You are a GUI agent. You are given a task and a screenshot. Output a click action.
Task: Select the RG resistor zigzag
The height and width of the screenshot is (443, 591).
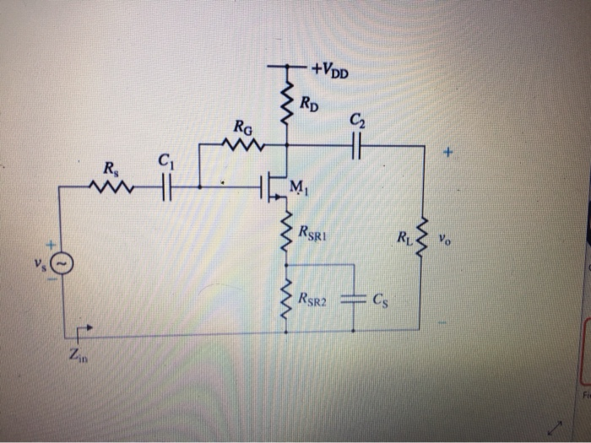(x=242, y=146)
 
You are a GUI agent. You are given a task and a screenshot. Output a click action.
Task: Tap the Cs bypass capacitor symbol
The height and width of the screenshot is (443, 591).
(x=355, y=298)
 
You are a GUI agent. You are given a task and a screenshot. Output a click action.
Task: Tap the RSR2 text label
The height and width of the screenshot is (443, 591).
(x=317, y=298)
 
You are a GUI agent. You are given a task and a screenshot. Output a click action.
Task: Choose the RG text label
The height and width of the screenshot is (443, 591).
(x=242, y=128)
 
